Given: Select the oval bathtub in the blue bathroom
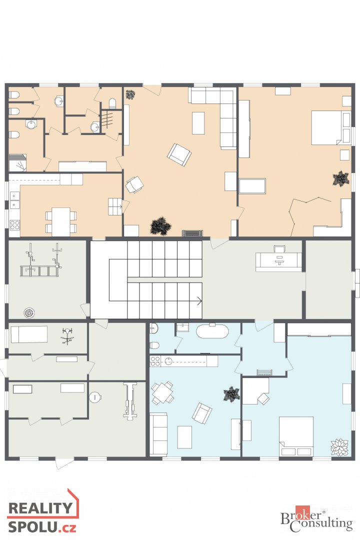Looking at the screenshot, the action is point(212,332).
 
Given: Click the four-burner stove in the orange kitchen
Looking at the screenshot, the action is point(14,225).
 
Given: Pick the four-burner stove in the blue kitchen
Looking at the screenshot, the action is point(155,361).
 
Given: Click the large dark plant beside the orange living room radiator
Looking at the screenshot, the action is point(160,226).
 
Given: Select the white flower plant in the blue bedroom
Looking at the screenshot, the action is point(339,447).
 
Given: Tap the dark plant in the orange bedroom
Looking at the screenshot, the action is point(340,178).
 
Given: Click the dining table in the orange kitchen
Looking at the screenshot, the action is point(61,222).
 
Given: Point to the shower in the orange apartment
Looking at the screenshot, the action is point(18,163).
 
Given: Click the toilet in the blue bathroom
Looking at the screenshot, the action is point(154,344).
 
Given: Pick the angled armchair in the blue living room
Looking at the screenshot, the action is point(202,413).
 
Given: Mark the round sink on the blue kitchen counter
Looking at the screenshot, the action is point(169,361).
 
